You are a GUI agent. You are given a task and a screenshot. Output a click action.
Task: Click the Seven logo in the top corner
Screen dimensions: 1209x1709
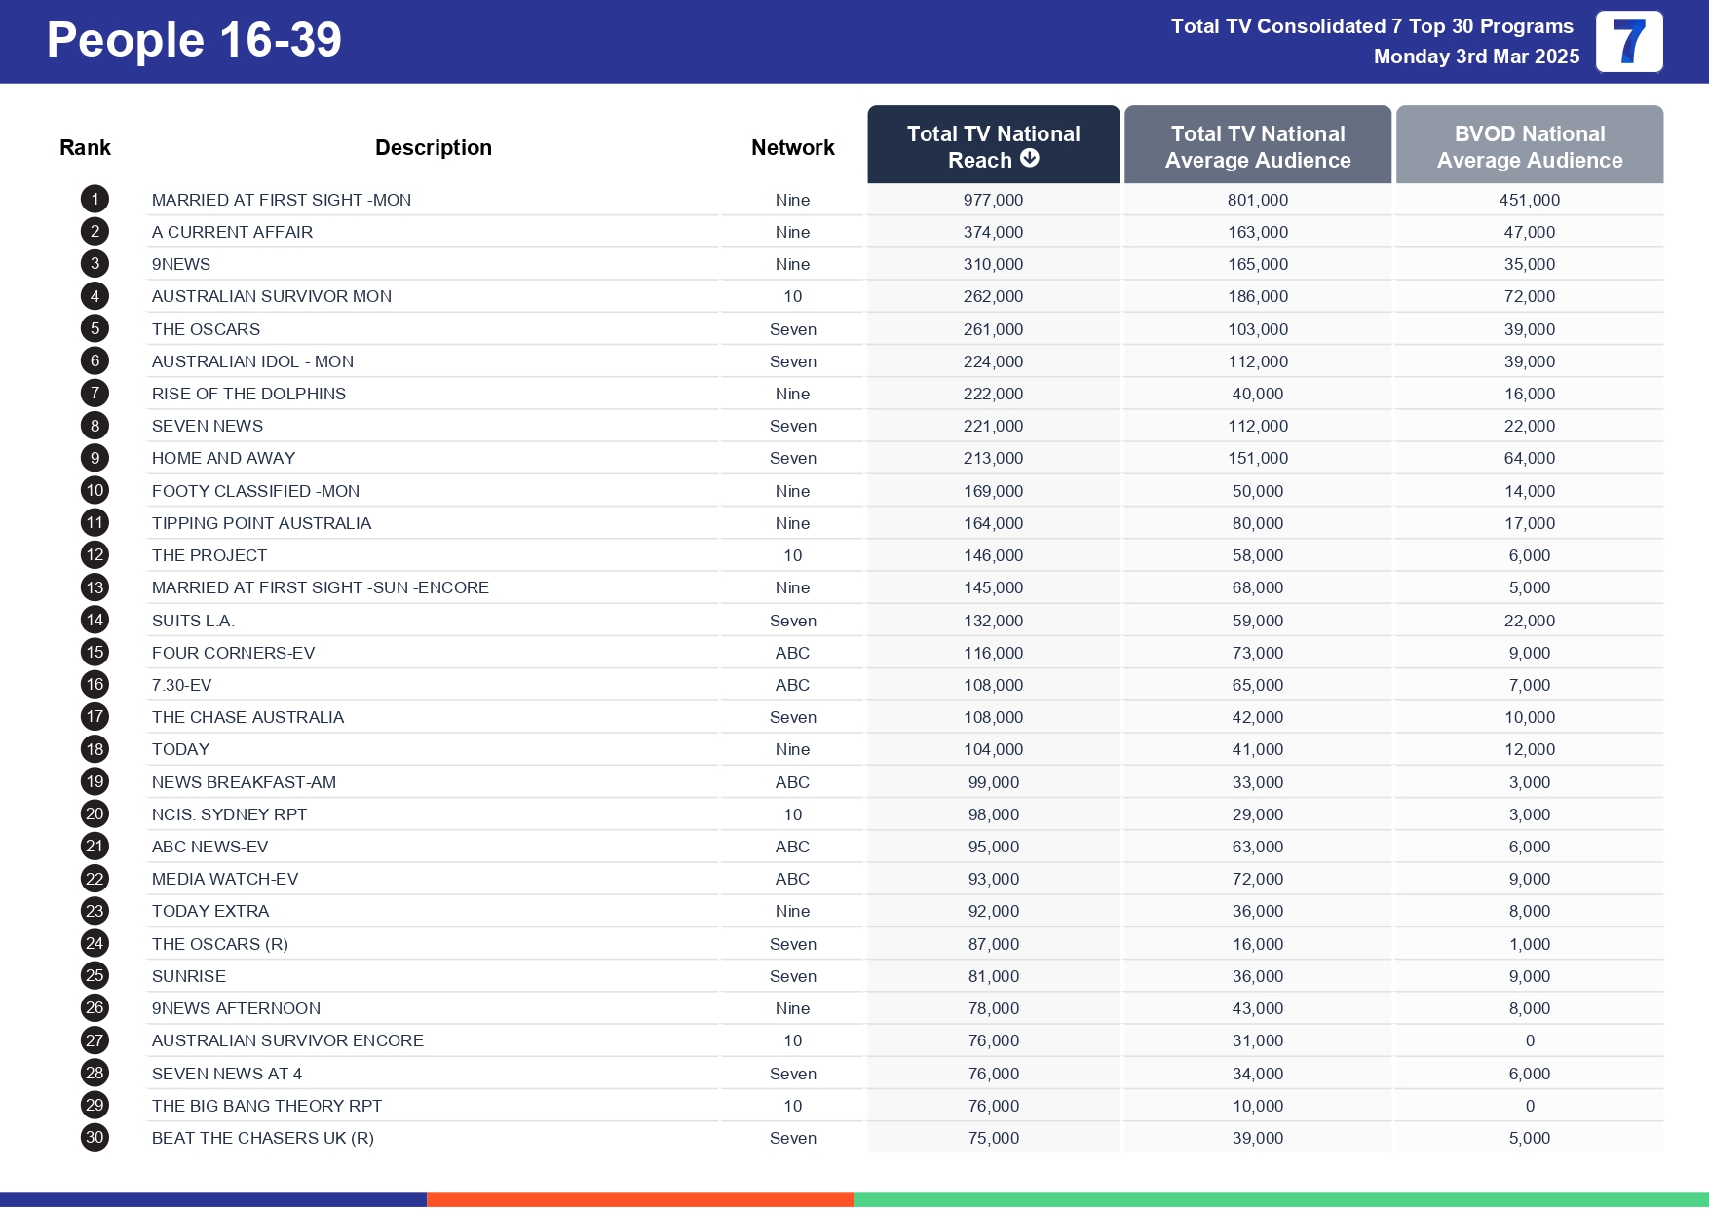pyautogui.click(x=1629, y=42)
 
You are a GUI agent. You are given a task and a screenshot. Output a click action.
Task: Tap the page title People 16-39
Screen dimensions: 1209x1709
pyautogui.click(x=194, y=40)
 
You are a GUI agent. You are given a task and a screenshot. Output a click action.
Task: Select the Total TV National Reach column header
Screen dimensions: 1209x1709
pyautogui.click(x=993, y=145)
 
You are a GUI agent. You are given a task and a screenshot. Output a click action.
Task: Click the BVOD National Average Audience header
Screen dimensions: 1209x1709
pyautogui.click(x=1529, y=146)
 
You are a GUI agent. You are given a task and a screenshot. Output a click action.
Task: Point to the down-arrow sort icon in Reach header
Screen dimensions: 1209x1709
pyautogui.click(x=1030, y=159)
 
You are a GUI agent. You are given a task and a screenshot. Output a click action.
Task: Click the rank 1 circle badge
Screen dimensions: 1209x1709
pyautogui.click(x=95, y=200)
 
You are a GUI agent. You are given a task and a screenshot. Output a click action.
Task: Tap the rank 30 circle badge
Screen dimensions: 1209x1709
pyautogui.click(x=95, y=1138)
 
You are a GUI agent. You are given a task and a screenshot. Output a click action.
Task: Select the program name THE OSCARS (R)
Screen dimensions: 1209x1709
pyautogui.click(x=219, y=944)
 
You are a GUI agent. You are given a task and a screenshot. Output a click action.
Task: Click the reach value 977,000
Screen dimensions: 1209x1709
pyautogui.click(x=993, y=200)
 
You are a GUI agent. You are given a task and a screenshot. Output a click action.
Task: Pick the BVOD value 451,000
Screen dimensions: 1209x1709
pyautogui.click(x=1529, y=200)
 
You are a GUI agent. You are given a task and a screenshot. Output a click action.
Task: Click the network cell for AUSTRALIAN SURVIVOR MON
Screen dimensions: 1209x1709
pyautogui.click(x=792, y=296)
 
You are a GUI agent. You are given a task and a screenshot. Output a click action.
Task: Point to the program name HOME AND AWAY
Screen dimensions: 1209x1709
pyautogui.click(x=223, y=458)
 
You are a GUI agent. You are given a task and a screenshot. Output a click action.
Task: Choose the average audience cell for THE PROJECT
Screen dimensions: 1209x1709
pyautogui.click(x=1257, y=555)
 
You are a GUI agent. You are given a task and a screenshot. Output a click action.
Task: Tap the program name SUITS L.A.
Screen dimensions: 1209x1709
pyautogui.click(x=193, y=621)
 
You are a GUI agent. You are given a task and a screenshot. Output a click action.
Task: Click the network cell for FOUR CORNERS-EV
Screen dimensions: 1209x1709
pyautogui.click(x=792, y=653)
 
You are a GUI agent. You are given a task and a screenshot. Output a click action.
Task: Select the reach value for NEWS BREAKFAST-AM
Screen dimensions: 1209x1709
pyautogui.click(x=993, y=782)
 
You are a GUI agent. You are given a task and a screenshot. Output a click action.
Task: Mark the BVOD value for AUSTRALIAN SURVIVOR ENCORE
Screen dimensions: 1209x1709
pyautogui.click(x=1529, y=1040)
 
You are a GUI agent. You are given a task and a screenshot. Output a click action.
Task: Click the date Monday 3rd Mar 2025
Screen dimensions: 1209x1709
pyautogui.click(x=1476, y=57)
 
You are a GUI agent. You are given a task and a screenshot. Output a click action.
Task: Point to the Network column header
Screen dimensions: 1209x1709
pyautogui.click(x=792, y=147)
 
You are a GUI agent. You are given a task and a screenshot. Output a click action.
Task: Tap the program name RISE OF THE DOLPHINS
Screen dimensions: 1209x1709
pyautogui.click(x=248, y=394)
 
